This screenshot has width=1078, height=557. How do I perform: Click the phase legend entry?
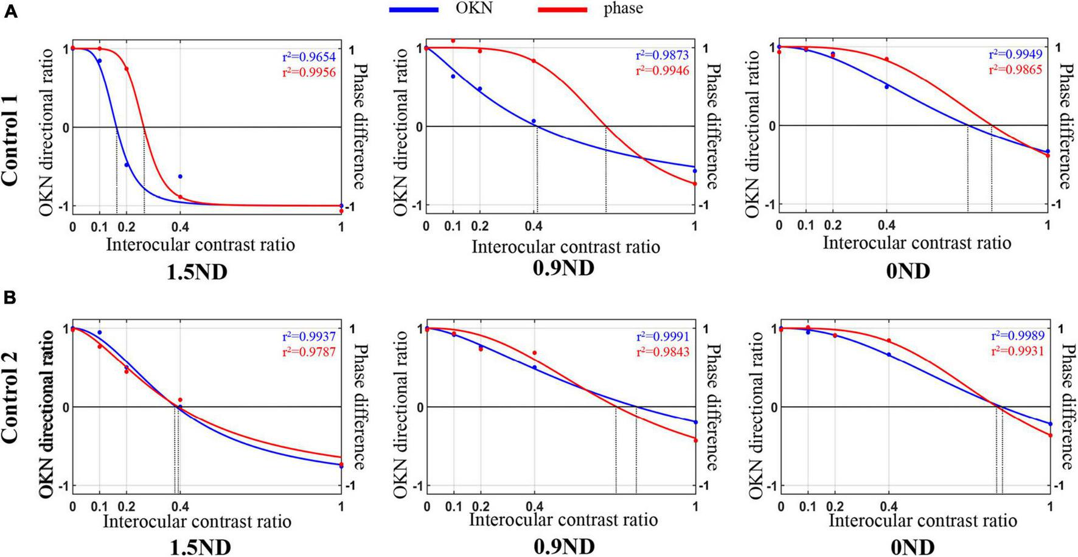[x=622, y=9]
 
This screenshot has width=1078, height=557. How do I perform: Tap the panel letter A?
[x=11, y=12]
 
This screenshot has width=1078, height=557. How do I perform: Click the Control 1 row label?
[x=10, y=127]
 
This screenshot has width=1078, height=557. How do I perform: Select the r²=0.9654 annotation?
[x=308, y=57]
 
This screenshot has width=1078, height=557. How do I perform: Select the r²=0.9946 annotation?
[x=662, y=71]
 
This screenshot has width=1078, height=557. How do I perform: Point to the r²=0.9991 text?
[x=662, y=337]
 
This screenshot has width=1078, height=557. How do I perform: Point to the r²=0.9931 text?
[x=1017, y=351]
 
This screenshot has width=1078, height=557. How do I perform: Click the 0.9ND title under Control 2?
[x=564, y=547]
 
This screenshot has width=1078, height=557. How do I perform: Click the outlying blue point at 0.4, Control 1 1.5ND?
[x=180, y=177]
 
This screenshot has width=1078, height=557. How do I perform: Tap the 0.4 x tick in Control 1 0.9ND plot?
[x=534, y=226]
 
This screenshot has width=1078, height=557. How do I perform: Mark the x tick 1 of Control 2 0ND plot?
[x=1049, y=506]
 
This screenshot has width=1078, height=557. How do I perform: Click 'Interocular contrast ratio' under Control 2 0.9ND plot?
[x=563, y=520]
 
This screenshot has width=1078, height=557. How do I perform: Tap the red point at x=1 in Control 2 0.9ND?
[x=695, y=440]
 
